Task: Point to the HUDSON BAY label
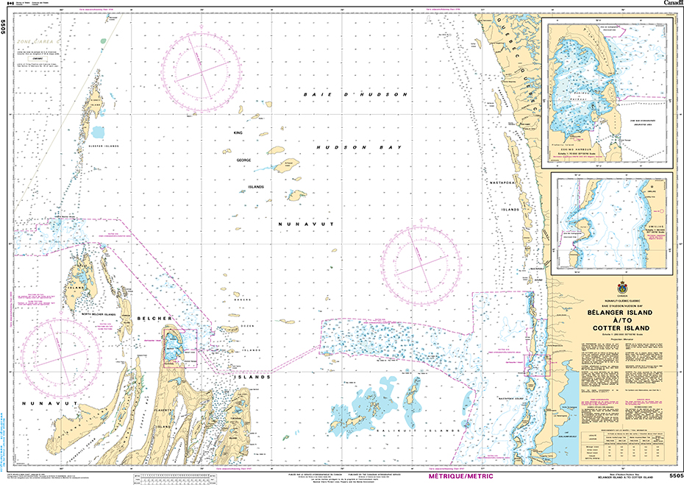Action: coord(360,148)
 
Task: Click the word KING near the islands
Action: coord(238,132)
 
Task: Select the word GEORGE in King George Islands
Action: coord(243,160)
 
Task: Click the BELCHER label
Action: coord(154,318)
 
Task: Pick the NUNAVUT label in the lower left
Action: coord(38,403)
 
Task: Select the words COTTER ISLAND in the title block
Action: coord(608,328)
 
